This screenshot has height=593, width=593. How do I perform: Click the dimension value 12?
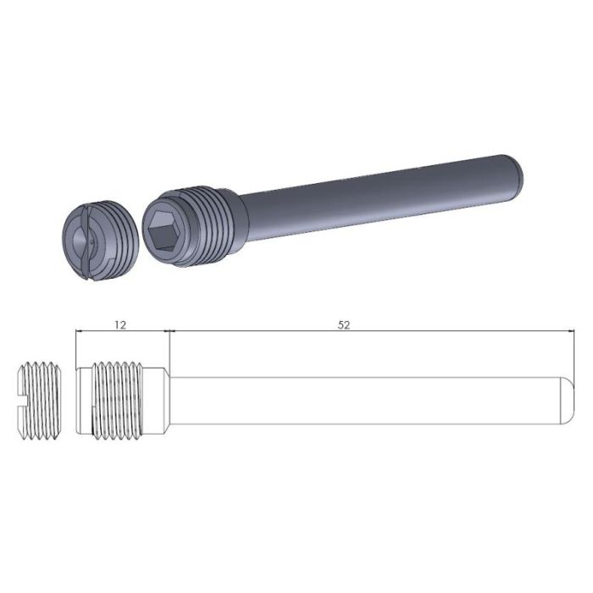120,325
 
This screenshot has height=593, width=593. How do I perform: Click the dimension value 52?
343,325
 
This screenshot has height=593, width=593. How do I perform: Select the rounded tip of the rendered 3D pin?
517,169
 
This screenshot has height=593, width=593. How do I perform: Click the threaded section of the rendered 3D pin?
208,221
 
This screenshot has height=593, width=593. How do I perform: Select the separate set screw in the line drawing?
41,399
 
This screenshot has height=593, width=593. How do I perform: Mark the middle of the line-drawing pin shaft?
364,399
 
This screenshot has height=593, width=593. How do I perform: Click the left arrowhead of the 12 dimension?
79,333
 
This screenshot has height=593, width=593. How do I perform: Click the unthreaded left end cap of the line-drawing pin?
82,399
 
